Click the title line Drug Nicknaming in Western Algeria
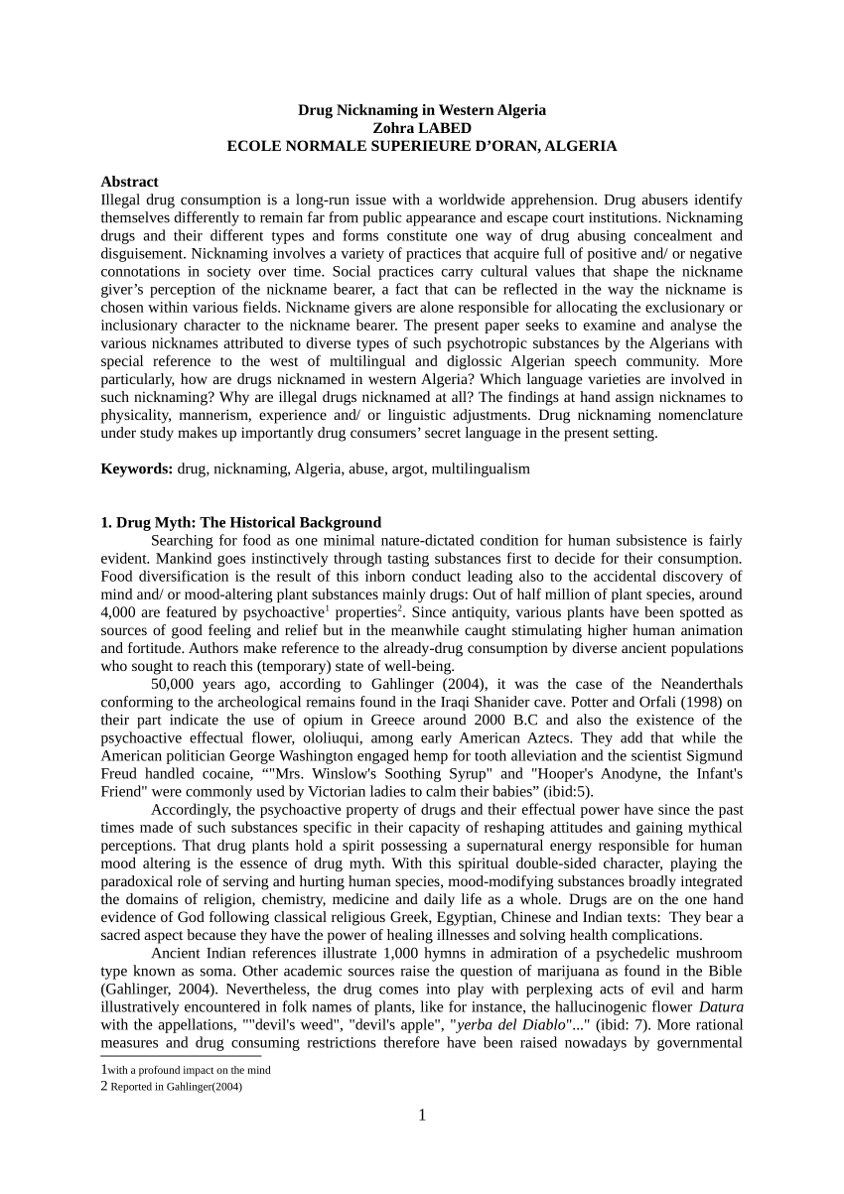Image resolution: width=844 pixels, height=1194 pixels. click(422, 110)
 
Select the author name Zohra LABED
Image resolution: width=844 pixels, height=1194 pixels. click(422, 128)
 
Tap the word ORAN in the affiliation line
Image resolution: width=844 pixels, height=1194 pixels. click(504, 146)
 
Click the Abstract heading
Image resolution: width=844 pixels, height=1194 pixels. click(129, 182)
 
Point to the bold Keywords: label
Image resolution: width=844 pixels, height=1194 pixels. click(137, 468)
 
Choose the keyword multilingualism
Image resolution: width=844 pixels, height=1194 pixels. click(482, 468)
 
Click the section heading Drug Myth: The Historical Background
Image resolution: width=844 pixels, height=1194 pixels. click(240, 522)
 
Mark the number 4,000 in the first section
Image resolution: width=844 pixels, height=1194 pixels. click(119, 612)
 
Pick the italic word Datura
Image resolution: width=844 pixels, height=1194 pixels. click(720, 1005)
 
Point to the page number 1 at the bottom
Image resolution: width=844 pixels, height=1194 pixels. click(422, 1115)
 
